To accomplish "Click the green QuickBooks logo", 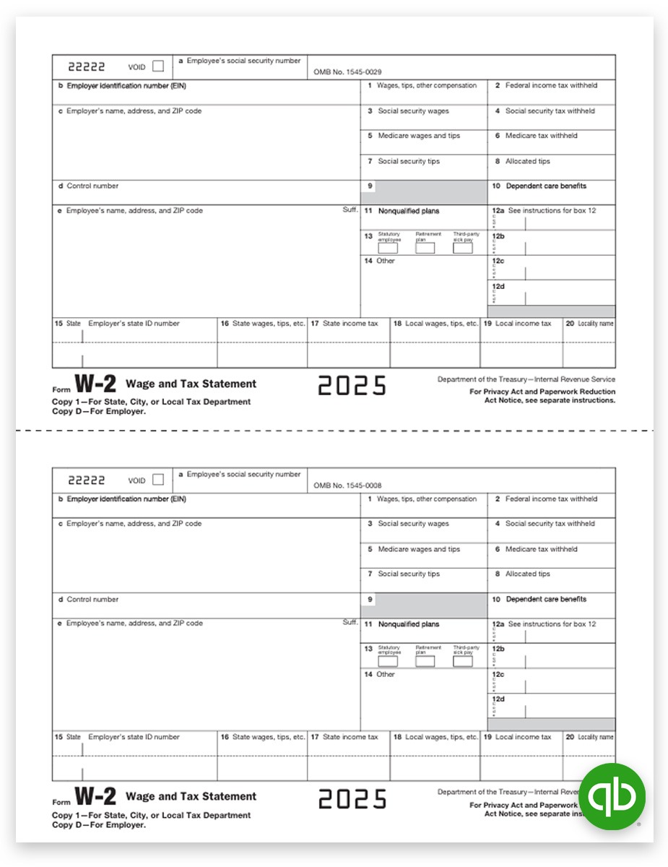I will click(x=612, y=797).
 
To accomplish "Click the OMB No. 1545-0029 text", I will click(x=348, y=72).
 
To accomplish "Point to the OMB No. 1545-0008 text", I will click(x=348, y=486).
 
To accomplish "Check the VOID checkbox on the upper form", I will click(x=158, y=66).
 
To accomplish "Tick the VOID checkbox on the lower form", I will click(x=158, y=480).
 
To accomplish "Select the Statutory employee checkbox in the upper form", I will click(x=388, y=248).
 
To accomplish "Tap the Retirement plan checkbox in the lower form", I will click(x=425, y=661).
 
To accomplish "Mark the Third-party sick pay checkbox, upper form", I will click(x=463, y=248).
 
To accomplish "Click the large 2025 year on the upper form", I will click(x=352, y=386).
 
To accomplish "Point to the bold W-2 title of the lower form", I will click(x=95, y=797).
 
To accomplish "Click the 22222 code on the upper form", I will click(x=87, y=66).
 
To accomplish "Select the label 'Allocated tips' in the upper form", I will click(x=527, y=161).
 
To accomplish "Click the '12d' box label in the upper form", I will click(x=498, y=286).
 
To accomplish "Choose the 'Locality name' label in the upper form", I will click(x=595, y=324).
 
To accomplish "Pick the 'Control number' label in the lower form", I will click(x=92, y=599).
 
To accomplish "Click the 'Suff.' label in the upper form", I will click(x=350, y=210).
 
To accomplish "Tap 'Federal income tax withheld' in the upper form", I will click(x=551, y=85).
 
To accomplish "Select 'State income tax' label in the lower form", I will click(x=350, y=737).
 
